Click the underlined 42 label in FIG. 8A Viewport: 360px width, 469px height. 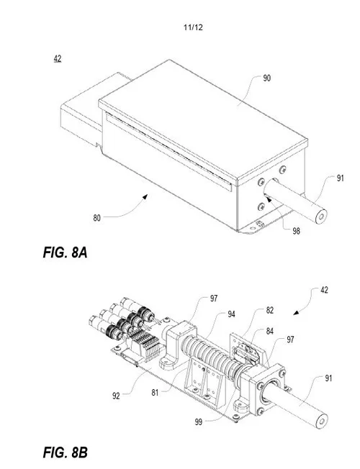click(x=57, y=59)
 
